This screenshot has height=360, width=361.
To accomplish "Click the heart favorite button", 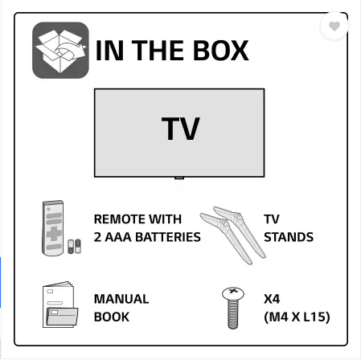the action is [x=334, y=26].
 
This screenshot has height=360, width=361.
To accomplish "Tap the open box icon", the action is [x=60, y=51].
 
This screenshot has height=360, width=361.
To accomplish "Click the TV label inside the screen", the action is [x=181, y=129].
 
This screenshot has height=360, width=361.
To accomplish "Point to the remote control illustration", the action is [x=53, y=228].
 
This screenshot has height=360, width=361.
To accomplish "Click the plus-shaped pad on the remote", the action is [x=54, y=233].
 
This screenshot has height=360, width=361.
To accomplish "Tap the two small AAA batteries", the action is [x=74, y=246].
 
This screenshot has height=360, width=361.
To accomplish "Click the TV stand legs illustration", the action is [x=233, y=235].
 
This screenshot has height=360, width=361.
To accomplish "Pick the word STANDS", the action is [x=289, y=237].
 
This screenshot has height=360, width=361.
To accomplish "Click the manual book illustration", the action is [x=60, y=305].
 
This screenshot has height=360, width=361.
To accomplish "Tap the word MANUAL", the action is [x=121, y=299].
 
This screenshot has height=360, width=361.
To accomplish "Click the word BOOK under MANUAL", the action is [x=112, y=317].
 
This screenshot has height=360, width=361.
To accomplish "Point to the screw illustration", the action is [x=233, y=308].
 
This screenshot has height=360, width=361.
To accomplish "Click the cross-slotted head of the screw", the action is [x=233, y=293].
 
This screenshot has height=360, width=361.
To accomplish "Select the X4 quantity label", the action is [x=272, y=299].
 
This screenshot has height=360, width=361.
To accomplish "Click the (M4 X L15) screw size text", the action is [x=297, y=317].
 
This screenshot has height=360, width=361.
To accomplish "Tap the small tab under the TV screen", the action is [x=179, y=178].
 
